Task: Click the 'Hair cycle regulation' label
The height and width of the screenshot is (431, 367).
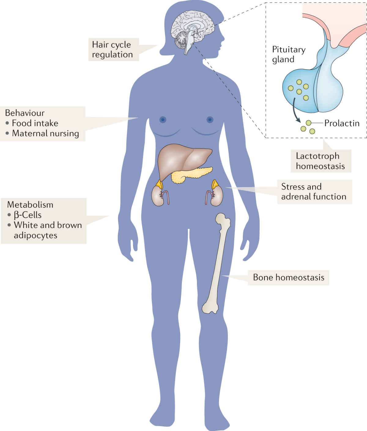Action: [x=113, y=50]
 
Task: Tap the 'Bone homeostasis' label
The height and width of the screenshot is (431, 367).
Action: [x=288, y=278]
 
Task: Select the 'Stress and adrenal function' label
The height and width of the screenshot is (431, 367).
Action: [x=314, y=192]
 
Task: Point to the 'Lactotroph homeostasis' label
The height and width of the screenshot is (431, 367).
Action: [x=320, y=161]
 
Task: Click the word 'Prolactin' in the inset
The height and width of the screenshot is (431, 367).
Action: [x=342, y=123]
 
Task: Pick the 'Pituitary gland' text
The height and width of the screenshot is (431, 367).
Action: [x=289, y=54]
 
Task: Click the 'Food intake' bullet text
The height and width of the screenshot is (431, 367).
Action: [x=35, y=123]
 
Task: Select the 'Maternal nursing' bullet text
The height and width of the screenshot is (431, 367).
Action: [x=45, y=134]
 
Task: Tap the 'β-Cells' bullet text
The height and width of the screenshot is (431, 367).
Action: [x=28, y=215]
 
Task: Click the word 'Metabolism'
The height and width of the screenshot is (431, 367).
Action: [x=30, y=205]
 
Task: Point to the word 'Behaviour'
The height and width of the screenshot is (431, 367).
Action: [x=25, y=113]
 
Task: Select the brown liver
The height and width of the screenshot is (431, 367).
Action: [x=180, y=159]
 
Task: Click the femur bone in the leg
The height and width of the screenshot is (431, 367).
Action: [x=217, y=263]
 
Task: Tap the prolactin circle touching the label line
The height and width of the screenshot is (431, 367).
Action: [x=309, y=123]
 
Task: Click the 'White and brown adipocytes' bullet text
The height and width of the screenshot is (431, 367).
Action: [x=48, y=230]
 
